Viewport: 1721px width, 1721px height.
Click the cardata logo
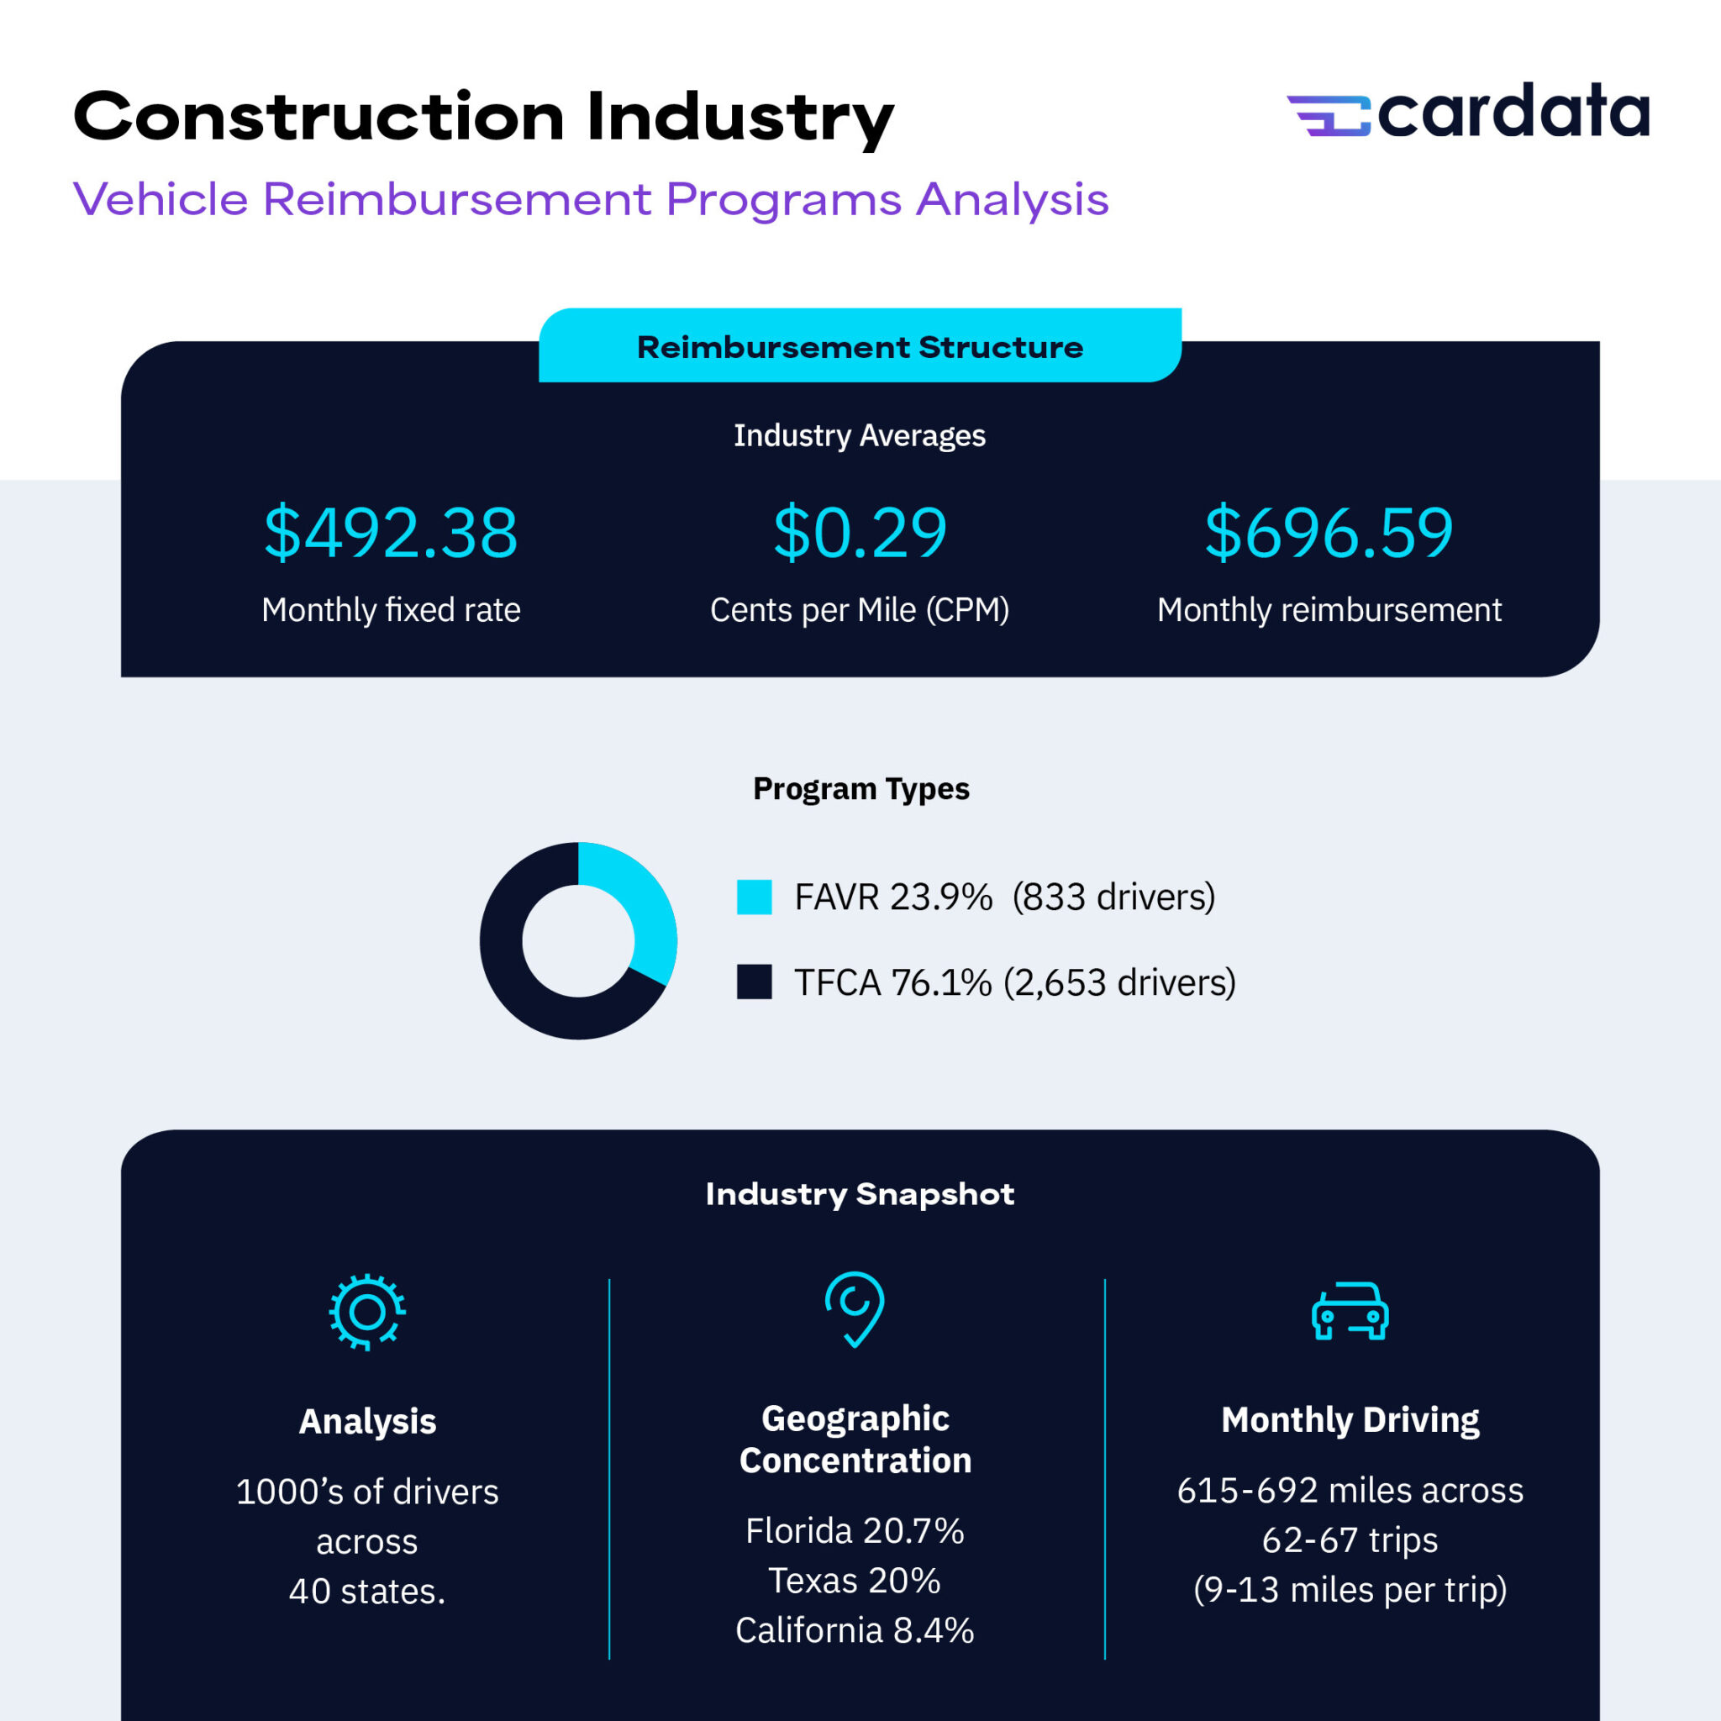tap(1467, 113)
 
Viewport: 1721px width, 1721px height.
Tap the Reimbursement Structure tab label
tap(860, 346)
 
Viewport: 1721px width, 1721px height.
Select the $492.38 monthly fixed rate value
tap(390, 533)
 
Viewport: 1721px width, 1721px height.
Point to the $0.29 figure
tap(860, 533)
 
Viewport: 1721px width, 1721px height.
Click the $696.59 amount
tap(1329, 533)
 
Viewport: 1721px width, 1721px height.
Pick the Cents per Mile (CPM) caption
tap(860, 610)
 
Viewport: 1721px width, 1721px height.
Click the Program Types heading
tap(860, 788)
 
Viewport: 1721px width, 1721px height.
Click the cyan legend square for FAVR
tap(754, 897)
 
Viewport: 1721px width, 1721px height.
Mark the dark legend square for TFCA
tap(754, 982)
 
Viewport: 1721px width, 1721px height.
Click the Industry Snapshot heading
tap(860, 1193)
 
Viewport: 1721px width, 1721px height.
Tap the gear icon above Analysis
tap(367, 1311)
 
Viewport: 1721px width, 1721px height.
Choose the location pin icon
tap(855, 1308)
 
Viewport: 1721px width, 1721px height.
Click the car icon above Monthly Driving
tap(1350, 1311)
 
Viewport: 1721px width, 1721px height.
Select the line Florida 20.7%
tap(855, 1530)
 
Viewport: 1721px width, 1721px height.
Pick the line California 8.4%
tap(855, 1630)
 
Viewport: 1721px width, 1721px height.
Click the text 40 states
tap(367, 1591)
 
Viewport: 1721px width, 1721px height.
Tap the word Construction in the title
tap(318, 117)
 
